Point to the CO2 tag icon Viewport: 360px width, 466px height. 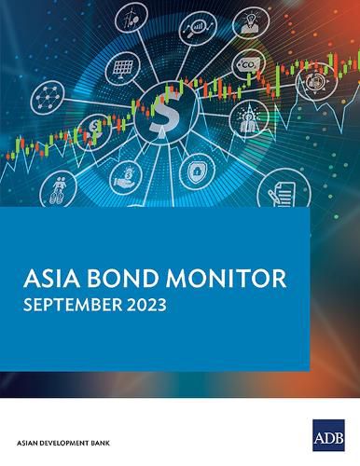(249, 64)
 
